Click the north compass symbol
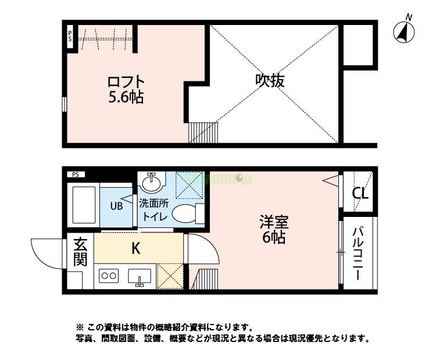(x=405, y=32)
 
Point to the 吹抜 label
(x=270, y=81)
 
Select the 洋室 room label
(x=274, y=222)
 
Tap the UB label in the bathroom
(x=116, y=205)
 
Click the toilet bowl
(x=185, y=213)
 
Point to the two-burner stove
(x=109, y=276)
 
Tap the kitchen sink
(x=140, y=277)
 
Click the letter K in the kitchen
(x=135, y=249)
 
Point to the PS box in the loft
(x=70, y=37)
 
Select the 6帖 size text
(x=274, y=238)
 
